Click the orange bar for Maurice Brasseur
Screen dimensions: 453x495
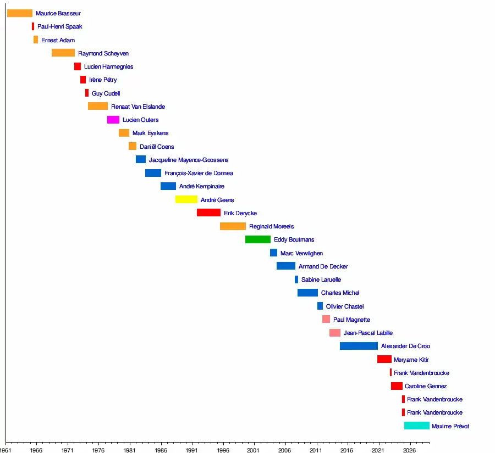pos(19,13)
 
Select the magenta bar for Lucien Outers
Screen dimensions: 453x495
pos(113,120)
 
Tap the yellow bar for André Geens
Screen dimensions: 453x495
pos(186,200)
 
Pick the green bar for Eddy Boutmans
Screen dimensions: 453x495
pos(257,239)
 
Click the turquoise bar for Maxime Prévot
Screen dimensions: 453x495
pos(416,426)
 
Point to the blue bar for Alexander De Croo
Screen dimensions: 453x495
pos(359,346)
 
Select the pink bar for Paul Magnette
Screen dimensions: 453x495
pos(326,320)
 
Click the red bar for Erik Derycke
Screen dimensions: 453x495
pos(208,213)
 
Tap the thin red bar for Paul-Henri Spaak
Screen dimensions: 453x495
pos(33,26)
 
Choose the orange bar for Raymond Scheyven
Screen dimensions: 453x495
pos(63,53)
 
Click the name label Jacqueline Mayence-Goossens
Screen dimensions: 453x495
pos(188,160)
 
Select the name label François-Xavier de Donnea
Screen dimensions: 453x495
pos(199,173)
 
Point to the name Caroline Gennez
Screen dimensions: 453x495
pos(425,386)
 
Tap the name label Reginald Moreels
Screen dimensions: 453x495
pos(271,226)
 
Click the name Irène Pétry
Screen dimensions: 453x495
pos(103,80)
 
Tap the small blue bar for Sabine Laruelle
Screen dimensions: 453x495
pos(296,279)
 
